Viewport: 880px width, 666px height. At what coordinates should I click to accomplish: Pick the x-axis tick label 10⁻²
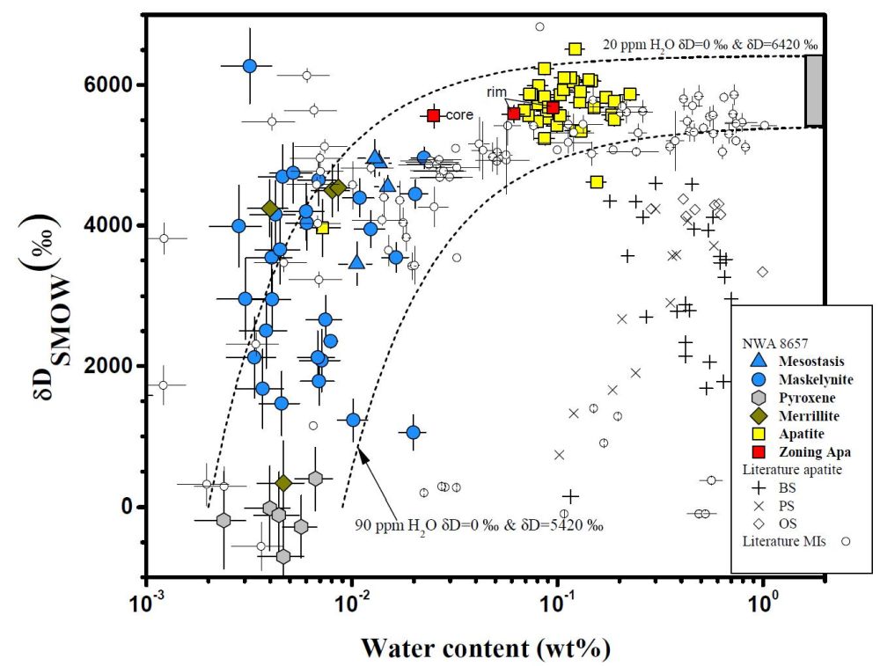click(x=352, y=606)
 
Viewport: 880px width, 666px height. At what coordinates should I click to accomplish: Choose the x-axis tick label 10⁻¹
click(x=557, y=606)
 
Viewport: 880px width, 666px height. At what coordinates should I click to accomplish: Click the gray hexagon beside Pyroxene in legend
click(x=758, y=396)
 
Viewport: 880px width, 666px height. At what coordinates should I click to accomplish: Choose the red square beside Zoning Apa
click(x=758, y=451)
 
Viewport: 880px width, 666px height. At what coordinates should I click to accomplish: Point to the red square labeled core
click(x=433, y=115)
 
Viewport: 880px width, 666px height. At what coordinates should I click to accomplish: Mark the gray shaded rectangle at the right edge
click(x=814, y=91)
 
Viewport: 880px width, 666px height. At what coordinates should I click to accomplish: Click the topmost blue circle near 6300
click(x=249, y=66)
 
